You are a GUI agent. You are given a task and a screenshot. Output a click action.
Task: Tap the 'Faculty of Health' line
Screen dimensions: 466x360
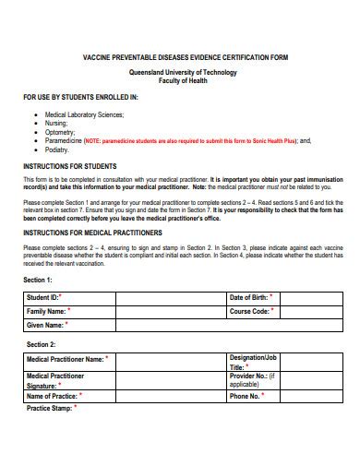pos(180,80)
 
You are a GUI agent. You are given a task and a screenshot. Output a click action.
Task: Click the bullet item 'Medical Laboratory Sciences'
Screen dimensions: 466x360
pos(85,115)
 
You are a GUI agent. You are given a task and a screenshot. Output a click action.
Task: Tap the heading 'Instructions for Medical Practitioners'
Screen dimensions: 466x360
pos(92,233)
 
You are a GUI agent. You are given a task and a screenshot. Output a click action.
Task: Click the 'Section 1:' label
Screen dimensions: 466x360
pos(38,279)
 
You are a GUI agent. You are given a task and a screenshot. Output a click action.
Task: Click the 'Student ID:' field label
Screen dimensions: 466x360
pos(43,298)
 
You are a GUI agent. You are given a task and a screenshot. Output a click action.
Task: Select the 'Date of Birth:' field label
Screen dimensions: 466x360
pos(248,298)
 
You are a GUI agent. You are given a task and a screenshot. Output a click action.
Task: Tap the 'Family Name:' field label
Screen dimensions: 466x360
pos(47,312)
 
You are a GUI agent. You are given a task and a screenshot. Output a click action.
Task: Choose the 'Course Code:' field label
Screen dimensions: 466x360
pos(248,312)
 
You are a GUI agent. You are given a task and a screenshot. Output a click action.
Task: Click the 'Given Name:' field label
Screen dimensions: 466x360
pos(45,326)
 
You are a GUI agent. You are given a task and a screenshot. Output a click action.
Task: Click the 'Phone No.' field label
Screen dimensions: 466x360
pos(245,396)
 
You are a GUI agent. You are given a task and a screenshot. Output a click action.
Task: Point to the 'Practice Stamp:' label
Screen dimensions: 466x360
pos(49,408)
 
